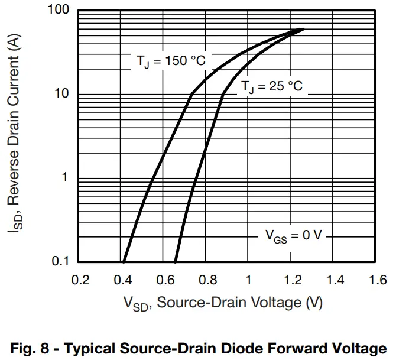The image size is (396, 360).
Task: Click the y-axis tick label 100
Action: (x=59, y=11)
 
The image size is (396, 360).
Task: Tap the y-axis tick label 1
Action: (x=66, y=178)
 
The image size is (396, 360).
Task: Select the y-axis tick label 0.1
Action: (x=61, y=261)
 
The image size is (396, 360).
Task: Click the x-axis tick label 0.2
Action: (x=80, y=280)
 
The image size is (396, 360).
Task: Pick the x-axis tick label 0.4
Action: (x=122, y=280)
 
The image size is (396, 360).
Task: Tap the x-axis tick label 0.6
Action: (x=164, y=280)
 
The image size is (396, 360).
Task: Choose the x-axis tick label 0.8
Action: (x=206, y=280)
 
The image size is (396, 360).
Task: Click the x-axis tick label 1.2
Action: (x=291, y=280)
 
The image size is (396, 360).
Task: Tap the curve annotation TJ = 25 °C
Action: (x=271, y=87)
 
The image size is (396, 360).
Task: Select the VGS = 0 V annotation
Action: (x=293, y=236)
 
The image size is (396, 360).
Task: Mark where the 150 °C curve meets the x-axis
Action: (x=124, y=261)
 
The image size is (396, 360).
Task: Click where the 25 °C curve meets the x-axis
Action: (x=176, y=261)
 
